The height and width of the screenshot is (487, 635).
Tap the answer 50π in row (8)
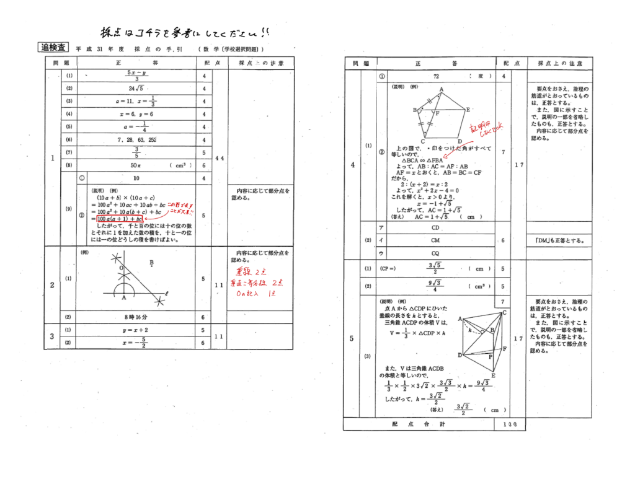pyautogui.click(x=136, y=166)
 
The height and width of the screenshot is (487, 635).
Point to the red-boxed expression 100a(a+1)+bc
pyautogui.click(x=120, y=219)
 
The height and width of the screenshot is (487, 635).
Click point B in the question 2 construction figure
pyautogui.click(x=152, y=263)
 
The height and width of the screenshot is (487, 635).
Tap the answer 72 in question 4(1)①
pyautogui.click(x=437, y=76)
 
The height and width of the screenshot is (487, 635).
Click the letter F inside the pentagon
pyautogui.click(x=438, y=114)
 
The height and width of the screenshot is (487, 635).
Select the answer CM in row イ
pyautogui.click(x=436, y=240)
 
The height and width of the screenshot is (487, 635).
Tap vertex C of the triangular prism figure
pyautogui.click(x=505, y=313)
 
